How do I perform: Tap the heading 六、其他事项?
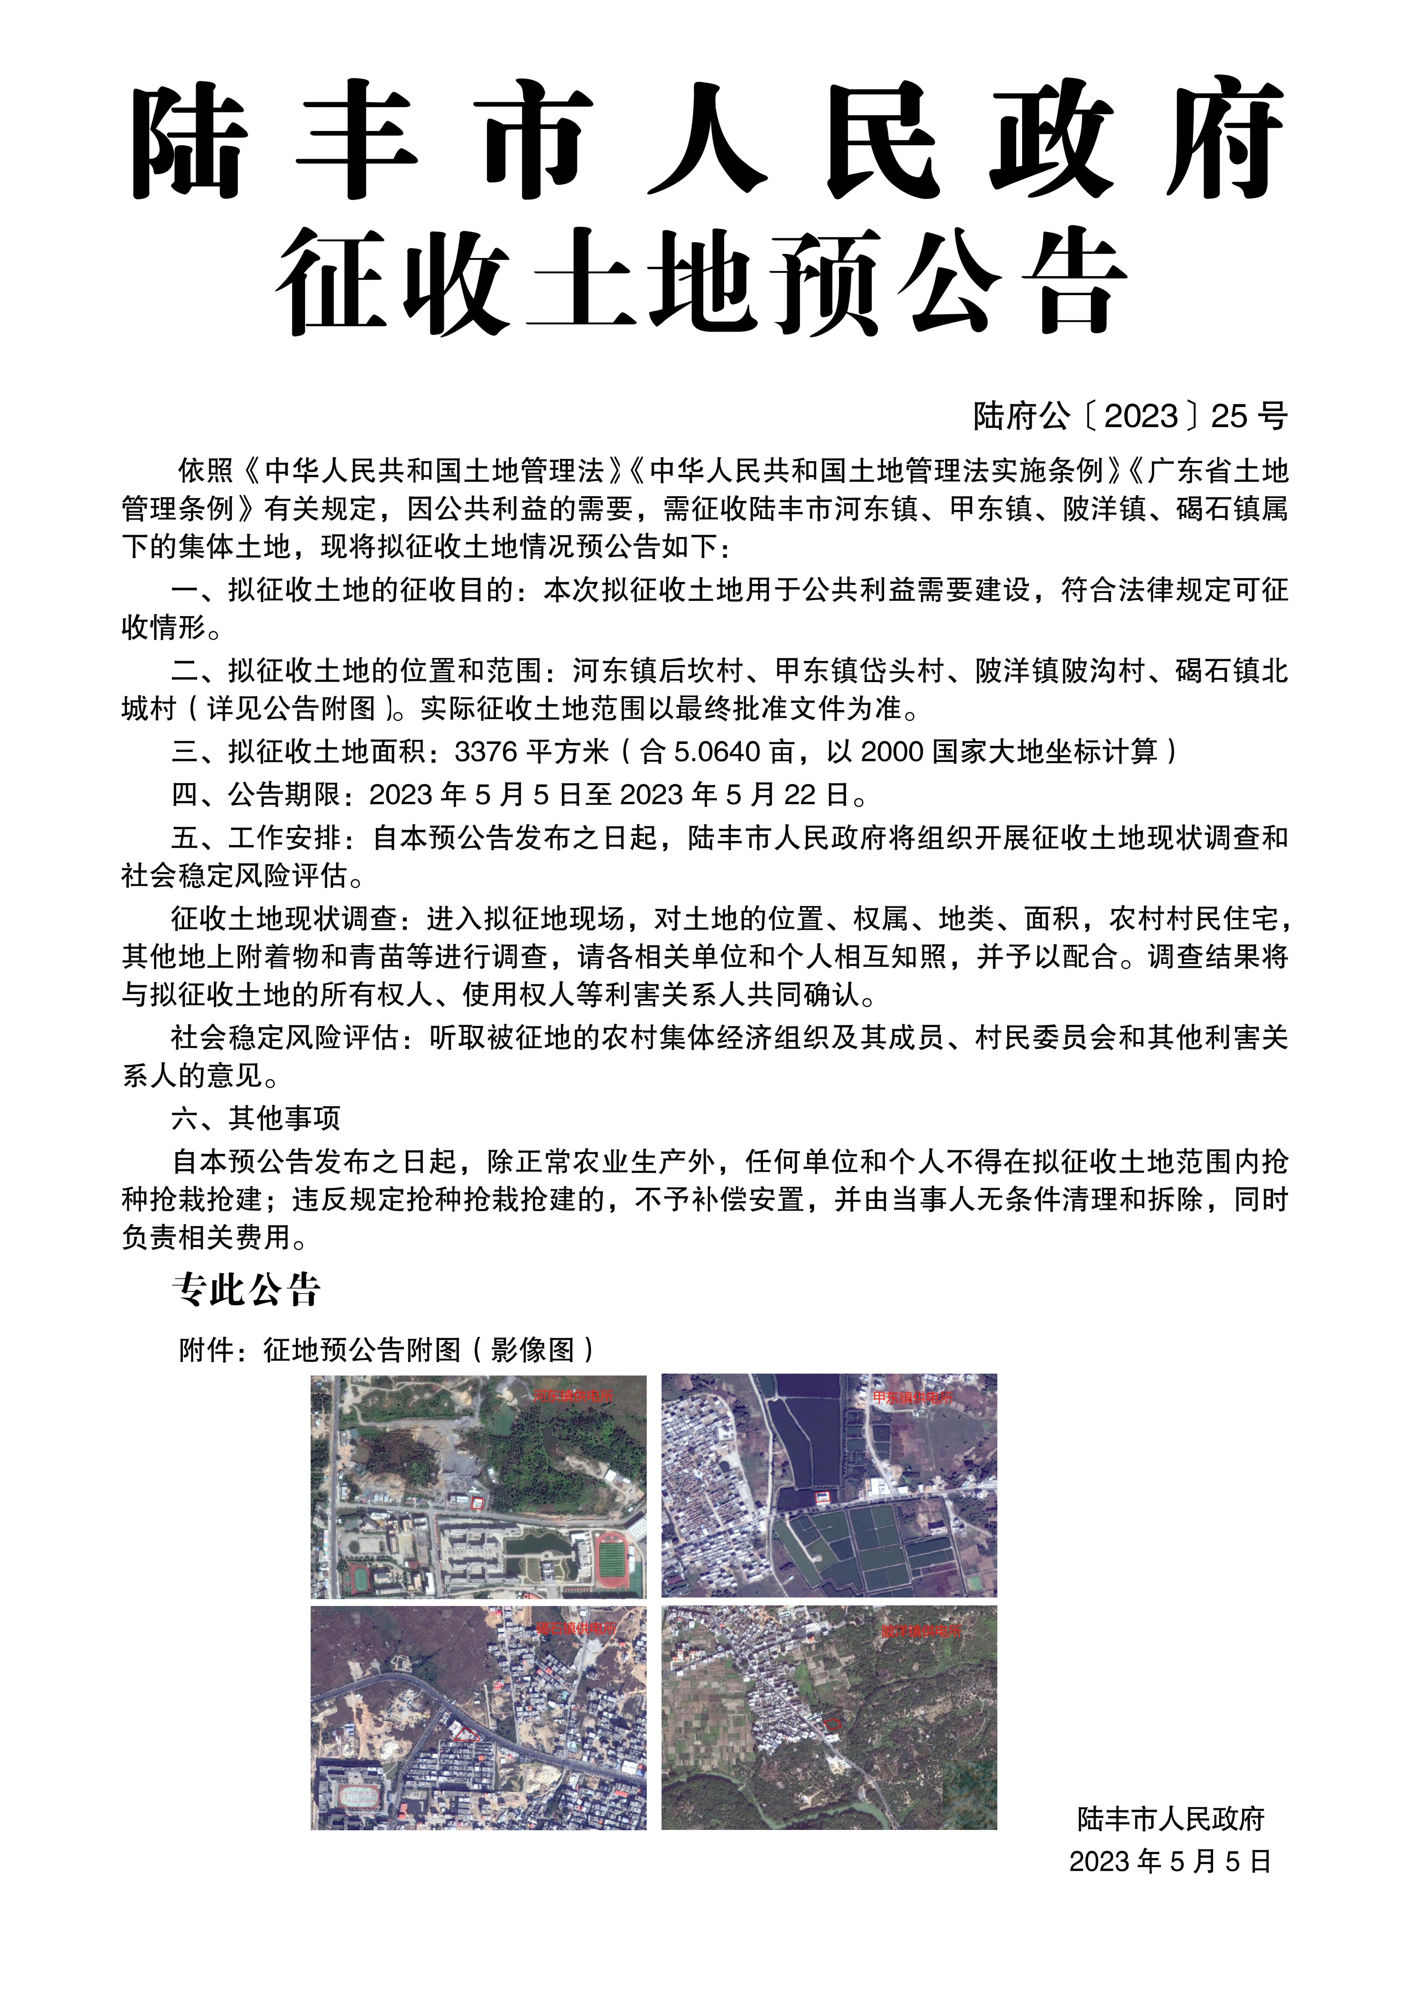256,1118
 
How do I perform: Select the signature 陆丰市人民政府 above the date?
1170,1819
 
